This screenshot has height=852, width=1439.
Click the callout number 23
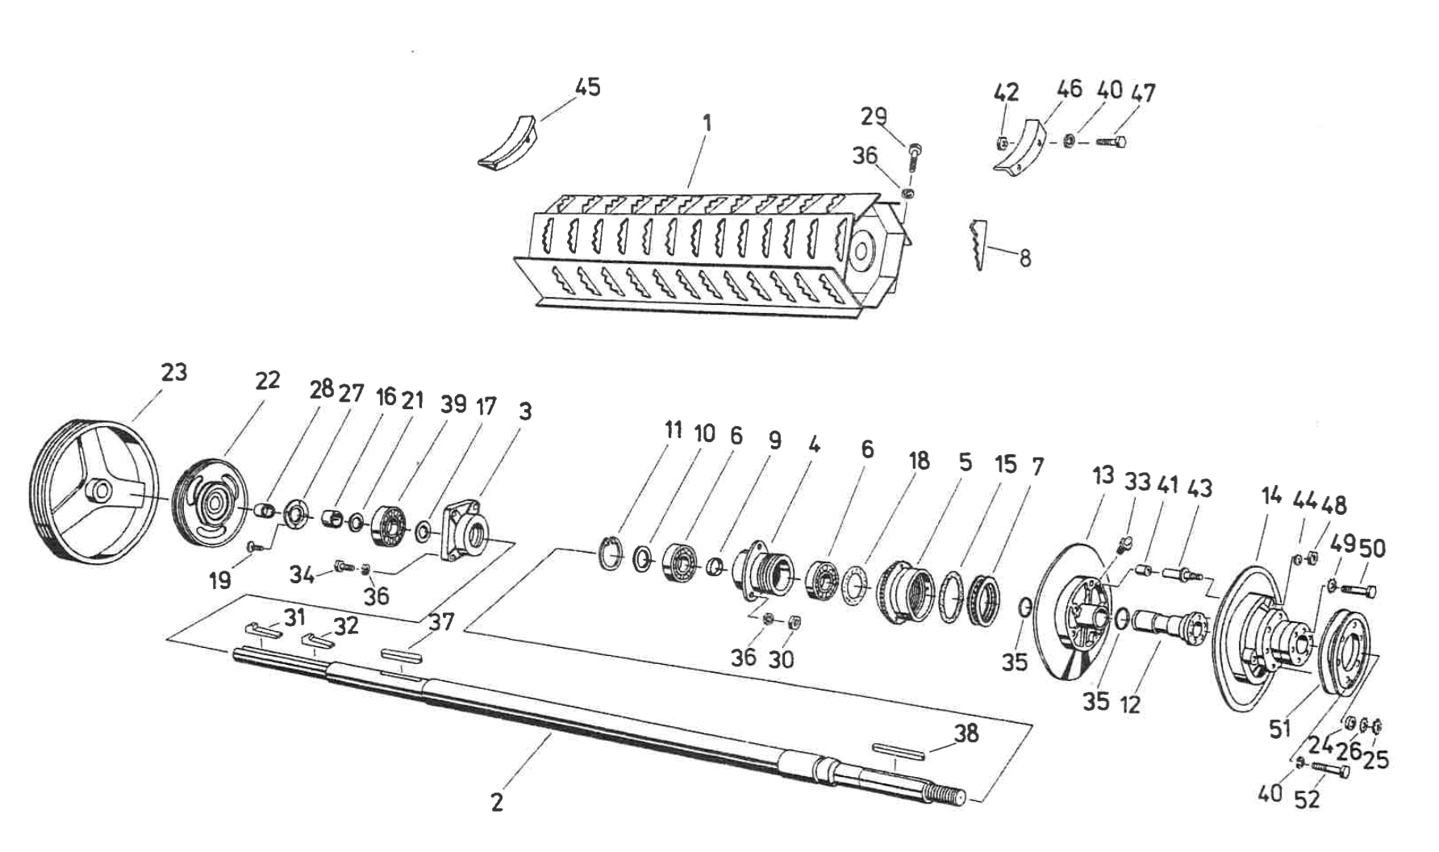(x=174, y=372)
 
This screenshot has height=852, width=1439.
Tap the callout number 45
(x=588, y=87)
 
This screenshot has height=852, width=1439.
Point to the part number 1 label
(x=707, y=123)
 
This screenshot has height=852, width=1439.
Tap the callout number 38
(x=966, y=733)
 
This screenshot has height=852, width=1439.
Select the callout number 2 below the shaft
(x=498, y=803)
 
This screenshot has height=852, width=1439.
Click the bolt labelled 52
(x=1331, y=769)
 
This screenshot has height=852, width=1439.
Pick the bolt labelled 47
(x=1112, y=142)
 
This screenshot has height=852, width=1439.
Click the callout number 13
(x=1103, y=476)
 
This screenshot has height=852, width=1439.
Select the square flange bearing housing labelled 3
(x=465, y=528)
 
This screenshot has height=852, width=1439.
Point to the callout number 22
(x=268, y=380)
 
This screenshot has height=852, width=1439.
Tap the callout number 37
(x=441, y=621)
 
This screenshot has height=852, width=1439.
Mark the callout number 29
(x=874, y=117)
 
